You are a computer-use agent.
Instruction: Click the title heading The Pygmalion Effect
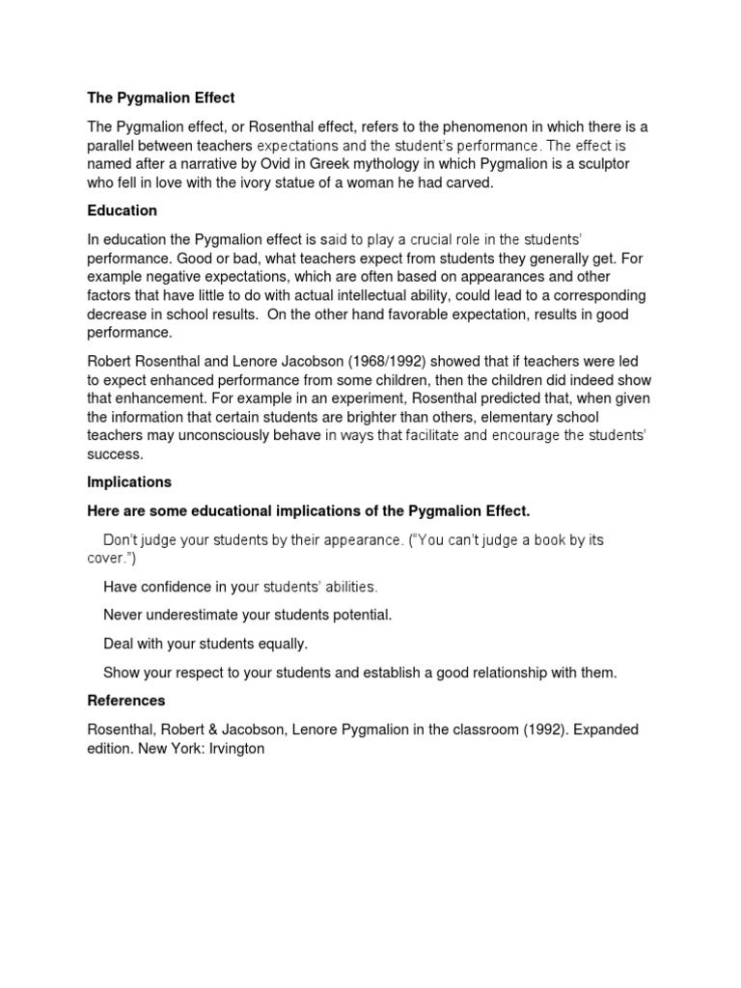pos(161,98)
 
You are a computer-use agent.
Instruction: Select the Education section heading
pos(123,210)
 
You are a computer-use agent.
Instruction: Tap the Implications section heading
pos(129,481)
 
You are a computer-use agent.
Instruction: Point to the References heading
pos(126,700)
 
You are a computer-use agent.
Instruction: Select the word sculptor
pos(599,164)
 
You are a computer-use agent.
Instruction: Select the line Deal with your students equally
pos(205,644)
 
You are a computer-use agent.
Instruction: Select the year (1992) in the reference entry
pos(549,729)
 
